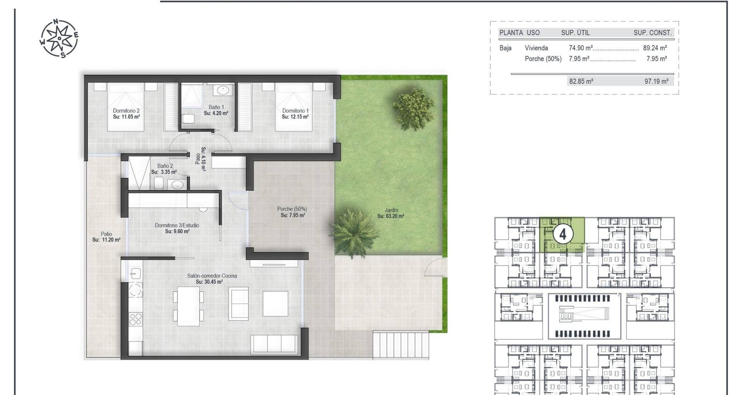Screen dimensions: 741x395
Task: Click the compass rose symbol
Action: click(x=59, y=38)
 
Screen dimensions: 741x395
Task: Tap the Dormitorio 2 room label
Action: click(x=126, y=111)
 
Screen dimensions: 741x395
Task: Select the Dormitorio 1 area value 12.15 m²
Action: click(x=295, y=116)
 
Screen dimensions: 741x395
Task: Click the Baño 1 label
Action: click(x=216, y=107)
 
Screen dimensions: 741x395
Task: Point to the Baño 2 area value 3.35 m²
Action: click(x=164, y=172)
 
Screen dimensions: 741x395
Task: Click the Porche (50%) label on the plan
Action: click(x=292, y=209)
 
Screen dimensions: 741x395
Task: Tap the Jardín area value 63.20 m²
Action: click(x=391, y=216)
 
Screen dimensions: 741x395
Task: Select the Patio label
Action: click(x=107, y=234)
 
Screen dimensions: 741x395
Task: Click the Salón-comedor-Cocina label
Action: click(x=212, y=276)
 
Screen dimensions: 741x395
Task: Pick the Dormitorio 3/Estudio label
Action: click(x=177, y=225)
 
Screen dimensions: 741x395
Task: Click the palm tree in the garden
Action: click(x=354, y=233)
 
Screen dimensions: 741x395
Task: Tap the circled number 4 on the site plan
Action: click(x=563, y=234)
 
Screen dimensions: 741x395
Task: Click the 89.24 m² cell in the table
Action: click(x=655, y=48)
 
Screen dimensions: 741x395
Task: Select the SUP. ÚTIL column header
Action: click(x=575, y=33)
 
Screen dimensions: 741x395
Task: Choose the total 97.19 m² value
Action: click(x=656, y=81)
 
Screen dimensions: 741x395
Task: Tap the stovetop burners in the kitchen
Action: click(x=135, y=319)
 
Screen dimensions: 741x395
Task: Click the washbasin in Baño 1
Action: click(x=223, y=91)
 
